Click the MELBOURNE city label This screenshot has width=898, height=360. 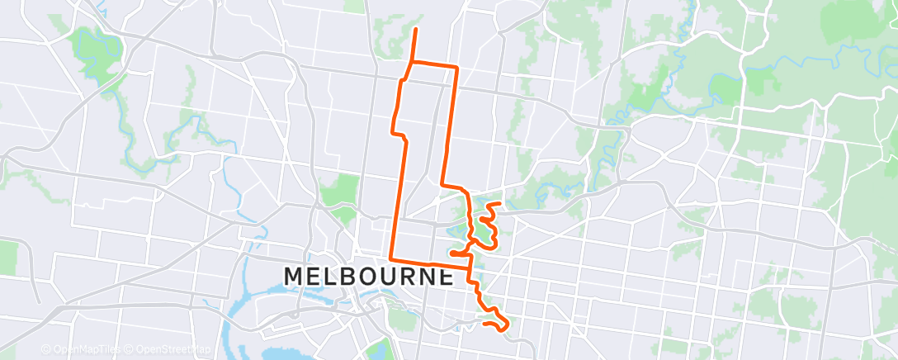369,277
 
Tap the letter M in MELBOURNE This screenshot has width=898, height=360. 294,277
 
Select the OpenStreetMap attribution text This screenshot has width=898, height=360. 168,349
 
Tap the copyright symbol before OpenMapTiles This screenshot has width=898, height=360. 46,349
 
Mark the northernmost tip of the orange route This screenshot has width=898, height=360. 414,29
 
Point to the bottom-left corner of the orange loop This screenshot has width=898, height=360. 391,259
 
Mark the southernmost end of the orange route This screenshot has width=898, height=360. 500,330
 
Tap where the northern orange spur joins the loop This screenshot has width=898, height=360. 410,62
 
